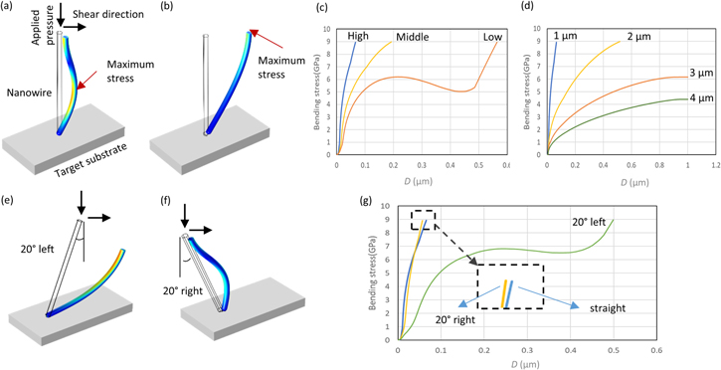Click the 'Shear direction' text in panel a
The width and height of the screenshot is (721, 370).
click(x=104, y=12)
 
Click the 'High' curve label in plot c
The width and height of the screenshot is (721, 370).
click(x=359, y=36)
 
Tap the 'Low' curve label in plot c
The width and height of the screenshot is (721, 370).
click(x=491, y=36)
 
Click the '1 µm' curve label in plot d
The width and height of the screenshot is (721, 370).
click(x=568, y=37)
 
